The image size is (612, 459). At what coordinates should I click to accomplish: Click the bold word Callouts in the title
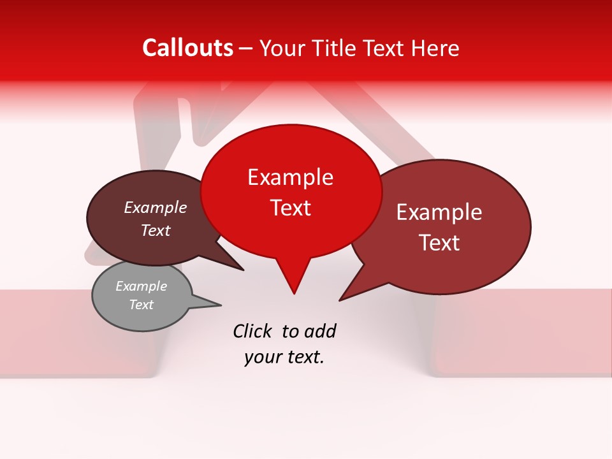click(187, 48)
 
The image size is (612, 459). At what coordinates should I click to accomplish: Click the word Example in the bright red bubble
click(290, 177)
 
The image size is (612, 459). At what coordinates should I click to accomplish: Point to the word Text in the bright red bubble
click(290, 208)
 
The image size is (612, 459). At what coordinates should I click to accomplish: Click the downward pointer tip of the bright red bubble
click(294, 293)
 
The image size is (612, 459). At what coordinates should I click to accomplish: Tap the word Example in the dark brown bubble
click(156, 208)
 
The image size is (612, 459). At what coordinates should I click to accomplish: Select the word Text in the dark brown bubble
click(156, 231)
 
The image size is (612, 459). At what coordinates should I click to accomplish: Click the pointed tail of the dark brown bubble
click(242, 270)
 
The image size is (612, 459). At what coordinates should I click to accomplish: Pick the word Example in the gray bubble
click(142, 286)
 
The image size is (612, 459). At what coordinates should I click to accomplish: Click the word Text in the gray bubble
click(142, 305)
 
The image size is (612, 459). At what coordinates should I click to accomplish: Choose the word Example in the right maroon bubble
click(439, 212)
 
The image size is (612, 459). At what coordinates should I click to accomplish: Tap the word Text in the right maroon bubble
click(439, 243)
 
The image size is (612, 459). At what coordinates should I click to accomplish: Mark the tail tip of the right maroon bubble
click(340, 300)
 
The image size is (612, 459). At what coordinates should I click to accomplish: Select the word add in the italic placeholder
click(319, 331)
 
